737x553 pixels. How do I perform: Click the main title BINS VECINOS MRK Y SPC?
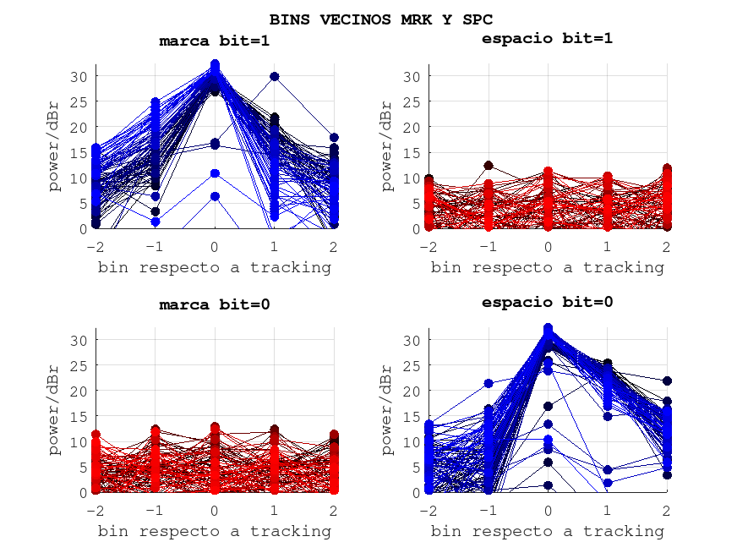tap(381, 19)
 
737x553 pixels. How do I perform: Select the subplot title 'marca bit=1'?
tap(215, 41)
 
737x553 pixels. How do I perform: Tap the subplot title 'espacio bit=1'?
tap(547, 38)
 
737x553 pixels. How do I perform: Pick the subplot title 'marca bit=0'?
tap(215, 304)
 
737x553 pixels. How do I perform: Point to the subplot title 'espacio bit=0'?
tap(547, 302)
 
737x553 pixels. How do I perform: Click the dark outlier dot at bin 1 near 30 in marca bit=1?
tap(275, 77)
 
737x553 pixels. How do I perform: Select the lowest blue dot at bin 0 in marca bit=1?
tap(215, 196)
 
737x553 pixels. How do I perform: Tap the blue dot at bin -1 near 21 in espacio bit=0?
tap(489, 384)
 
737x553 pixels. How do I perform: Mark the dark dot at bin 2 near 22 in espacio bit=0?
tap(667, 381)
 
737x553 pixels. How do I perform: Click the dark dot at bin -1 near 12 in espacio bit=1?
tap(489, 166)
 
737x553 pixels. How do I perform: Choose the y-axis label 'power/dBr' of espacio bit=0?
tap(387, 410)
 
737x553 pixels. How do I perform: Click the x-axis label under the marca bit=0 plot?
tap(215, 531)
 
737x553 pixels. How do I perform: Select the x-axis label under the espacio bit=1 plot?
tap(547, 267)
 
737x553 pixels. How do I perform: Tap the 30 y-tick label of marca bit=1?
tap(79, 76)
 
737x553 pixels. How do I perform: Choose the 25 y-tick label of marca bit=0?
tap(79, 365)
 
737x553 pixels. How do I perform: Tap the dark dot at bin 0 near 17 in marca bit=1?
tap(215, 144)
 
